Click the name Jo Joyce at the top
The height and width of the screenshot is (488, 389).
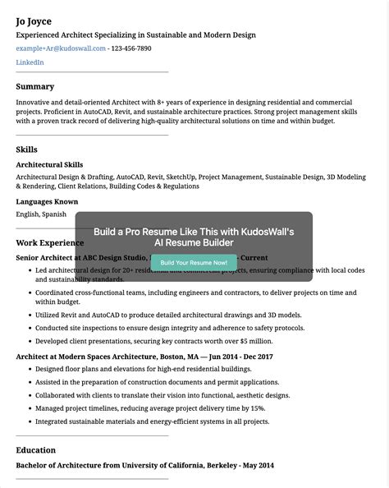click(x=38, y=20)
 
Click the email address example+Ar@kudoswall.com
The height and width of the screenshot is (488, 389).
click(x=61, y=48)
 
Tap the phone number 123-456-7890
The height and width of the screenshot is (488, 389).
click(x=131, y=48)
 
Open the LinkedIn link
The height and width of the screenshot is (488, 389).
click(x=30, y=62)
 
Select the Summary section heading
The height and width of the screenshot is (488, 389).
click(x=35, y=86)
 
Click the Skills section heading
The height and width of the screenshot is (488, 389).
click(x=27, y=149)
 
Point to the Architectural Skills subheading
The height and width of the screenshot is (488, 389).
click(x=49, y=164)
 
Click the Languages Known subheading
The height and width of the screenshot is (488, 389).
click(x=47, y=201)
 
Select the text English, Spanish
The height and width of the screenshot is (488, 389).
click(x=41, y=214)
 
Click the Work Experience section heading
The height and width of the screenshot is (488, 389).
click(x=50, y=242)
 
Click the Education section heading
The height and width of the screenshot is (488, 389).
click(x=36, y=450)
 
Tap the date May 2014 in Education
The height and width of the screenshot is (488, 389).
click(x=257, y=466)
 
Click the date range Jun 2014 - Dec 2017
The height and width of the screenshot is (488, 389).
click(x=241, y=357)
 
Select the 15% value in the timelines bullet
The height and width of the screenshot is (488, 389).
click(x=257, y=407)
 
